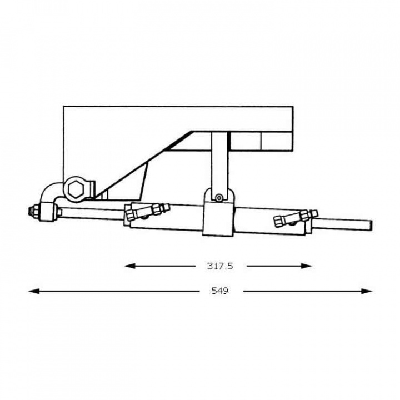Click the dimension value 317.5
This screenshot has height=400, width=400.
pos(220,266)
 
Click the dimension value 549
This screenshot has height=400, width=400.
pos(219,291)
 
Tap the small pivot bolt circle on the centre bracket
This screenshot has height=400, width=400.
pos(220,197)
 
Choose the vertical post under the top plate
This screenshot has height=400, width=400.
pos(219,161)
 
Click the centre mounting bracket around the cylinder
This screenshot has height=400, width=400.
pos(220,217)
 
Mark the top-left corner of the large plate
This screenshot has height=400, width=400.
pos(64,106)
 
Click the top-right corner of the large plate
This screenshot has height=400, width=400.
pos(292,106)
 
